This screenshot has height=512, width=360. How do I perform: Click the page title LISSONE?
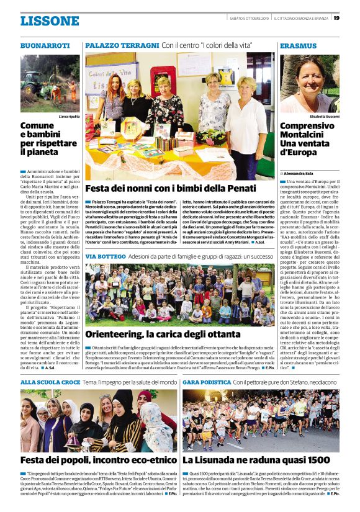(x=50, y=20)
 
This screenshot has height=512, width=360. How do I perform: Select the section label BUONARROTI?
(x=45, y=47)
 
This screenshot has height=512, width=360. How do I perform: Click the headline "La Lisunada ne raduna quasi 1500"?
(x=256, y=460)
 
